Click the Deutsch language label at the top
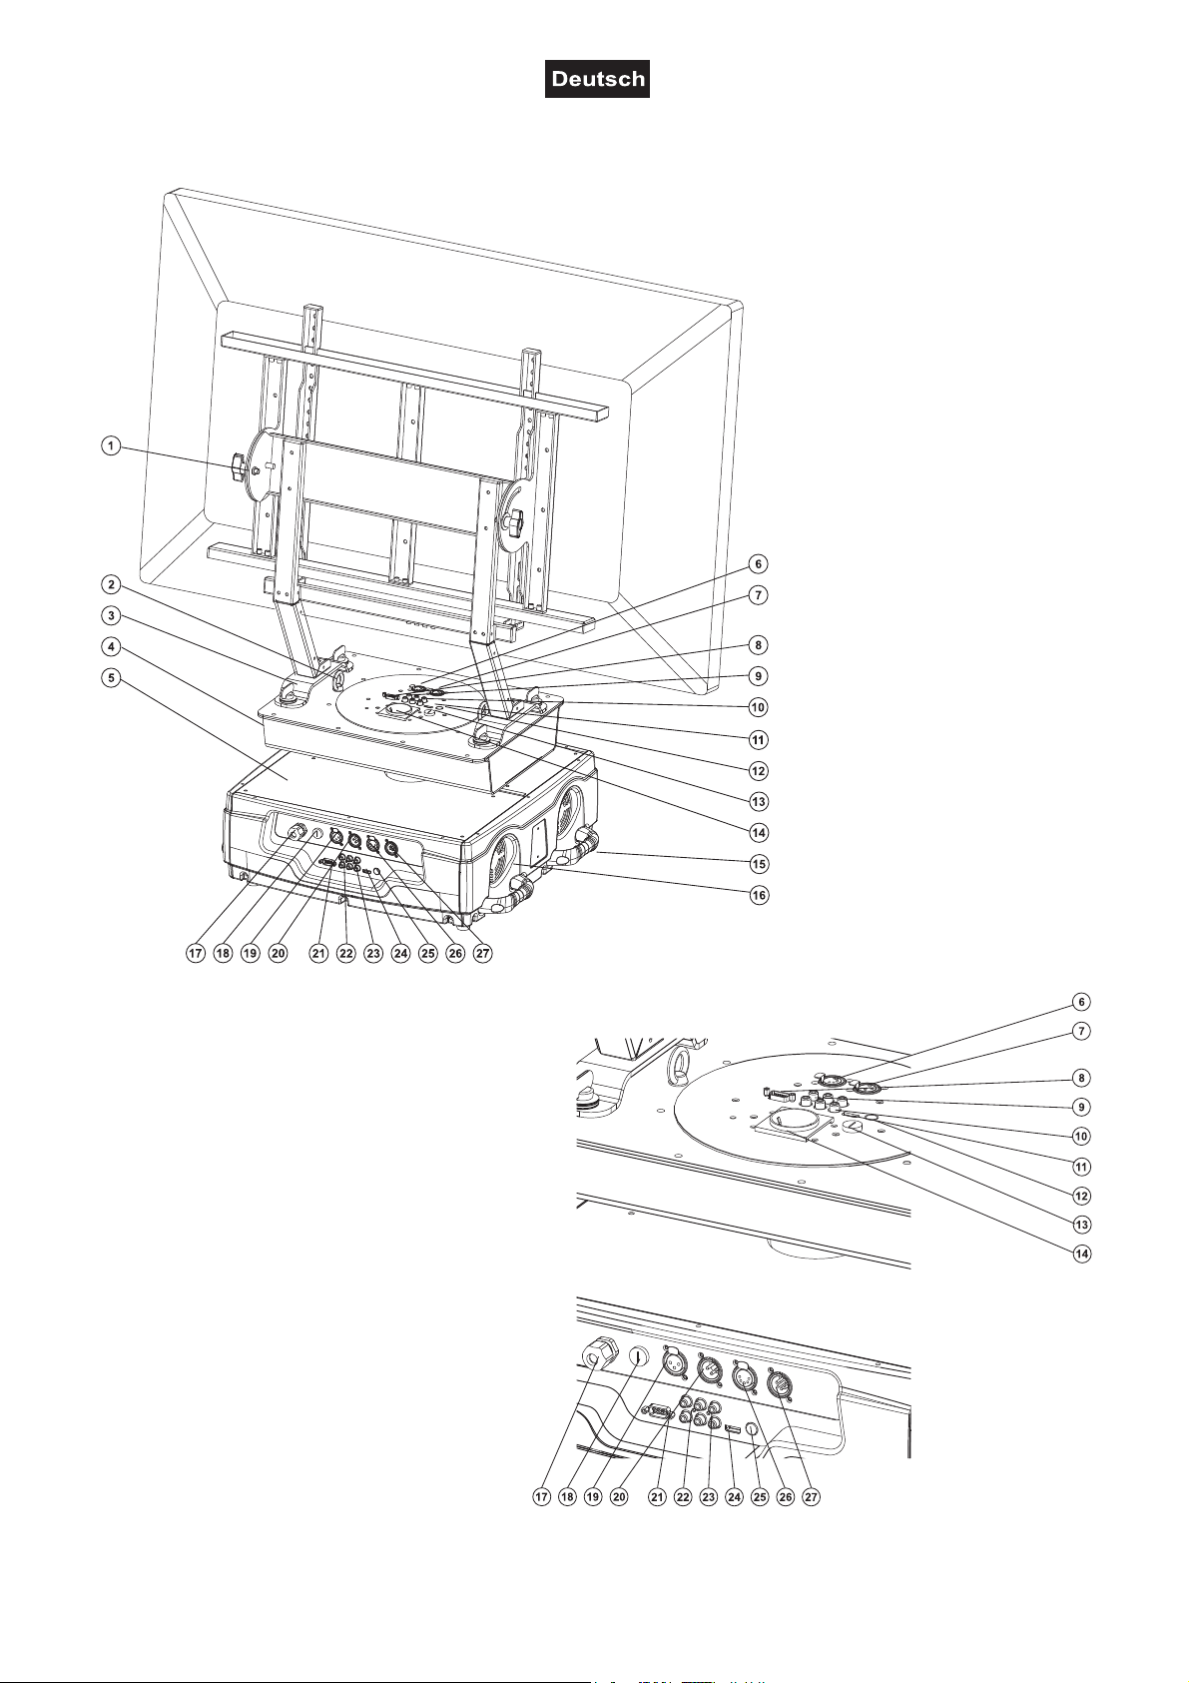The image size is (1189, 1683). click(x=597, y=79)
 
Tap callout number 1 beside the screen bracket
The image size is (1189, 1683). click(x=111, y=446)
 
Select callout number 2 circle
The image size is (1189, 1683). click(x=111, y=584)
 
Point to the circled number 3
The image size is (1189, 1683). click(x=111, y=615)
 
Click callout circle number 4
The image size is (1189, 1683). click(x=111, y=647)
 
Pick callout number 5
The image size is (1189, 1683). click(x=111, y=678)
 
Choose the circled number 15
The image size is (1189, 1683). click(x=760, y=863)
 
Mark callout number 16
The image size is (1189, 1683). click(x=760, y=895)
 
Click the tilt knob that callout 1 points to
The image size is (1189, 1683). click(x=239, y=468)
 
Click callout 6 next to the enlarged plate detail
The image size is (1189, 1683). click(x=1081, y=1002)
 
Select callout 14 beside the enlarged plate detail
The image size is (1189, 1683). click(x=1081, y=1254)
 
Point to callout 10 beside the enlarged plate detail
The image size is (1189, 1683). click(x=1081, y=1136)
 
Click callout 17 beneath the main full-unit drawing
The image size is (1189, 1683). click(x=196, y=954)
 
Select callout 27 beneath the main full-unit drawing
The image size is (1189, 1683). click(x=482, y=954)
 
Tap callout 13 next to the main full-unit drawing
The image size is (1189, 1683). click(x=760, y=802)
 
